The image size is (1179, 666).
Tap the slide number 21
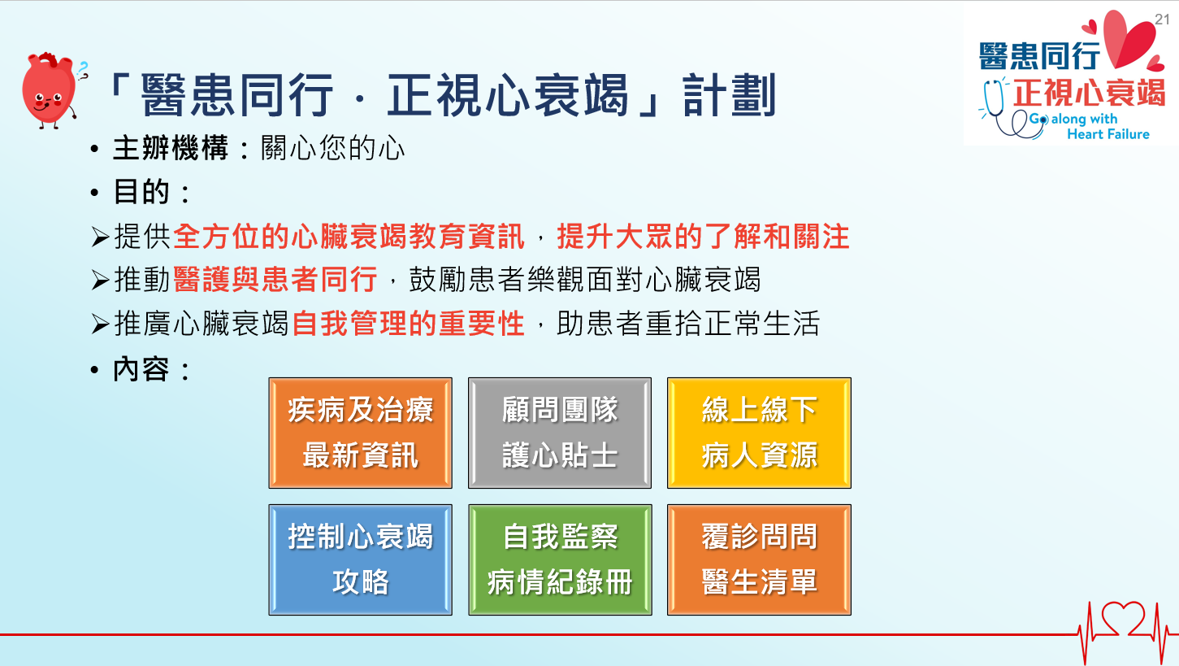pos(1162,20)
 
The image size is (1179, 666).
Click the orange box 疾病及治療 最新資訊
pos(361,433)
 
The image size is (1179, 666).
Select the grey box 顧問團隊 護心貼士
pos(560,433)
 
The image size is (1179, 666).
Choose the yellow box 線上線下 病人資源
pos(759,433)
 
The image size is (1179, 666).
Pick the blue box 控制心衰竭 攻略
pos(361,559)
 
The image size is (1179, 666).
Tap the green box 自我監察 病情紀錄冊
pos(560,559)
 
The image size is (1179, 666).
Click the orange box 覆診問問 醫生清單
pos(759,559)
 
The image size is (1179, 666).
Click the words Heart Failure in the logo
pos(1108,134)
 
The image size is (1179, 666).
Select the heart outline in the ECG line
pos(1123,620)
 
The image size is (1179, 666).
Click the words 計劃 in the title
pos(730,95)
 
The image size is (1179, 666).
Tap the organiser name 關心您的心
pos(332,148)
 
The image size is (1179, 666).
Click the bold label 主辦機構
pos(171,148)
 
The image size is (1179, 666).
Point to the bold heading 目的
pos(141,191)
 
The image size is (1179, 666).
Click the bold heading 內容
pos(141,369)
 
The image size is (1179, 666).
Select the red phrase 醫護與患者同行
pos(275,279)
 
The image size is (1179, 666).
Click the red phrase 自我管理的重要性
pos(408,323)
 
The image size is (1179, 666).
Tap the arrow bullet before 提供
pos(100,237)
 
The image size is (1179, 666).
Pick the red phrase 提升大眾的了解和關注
pos(703,236)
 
